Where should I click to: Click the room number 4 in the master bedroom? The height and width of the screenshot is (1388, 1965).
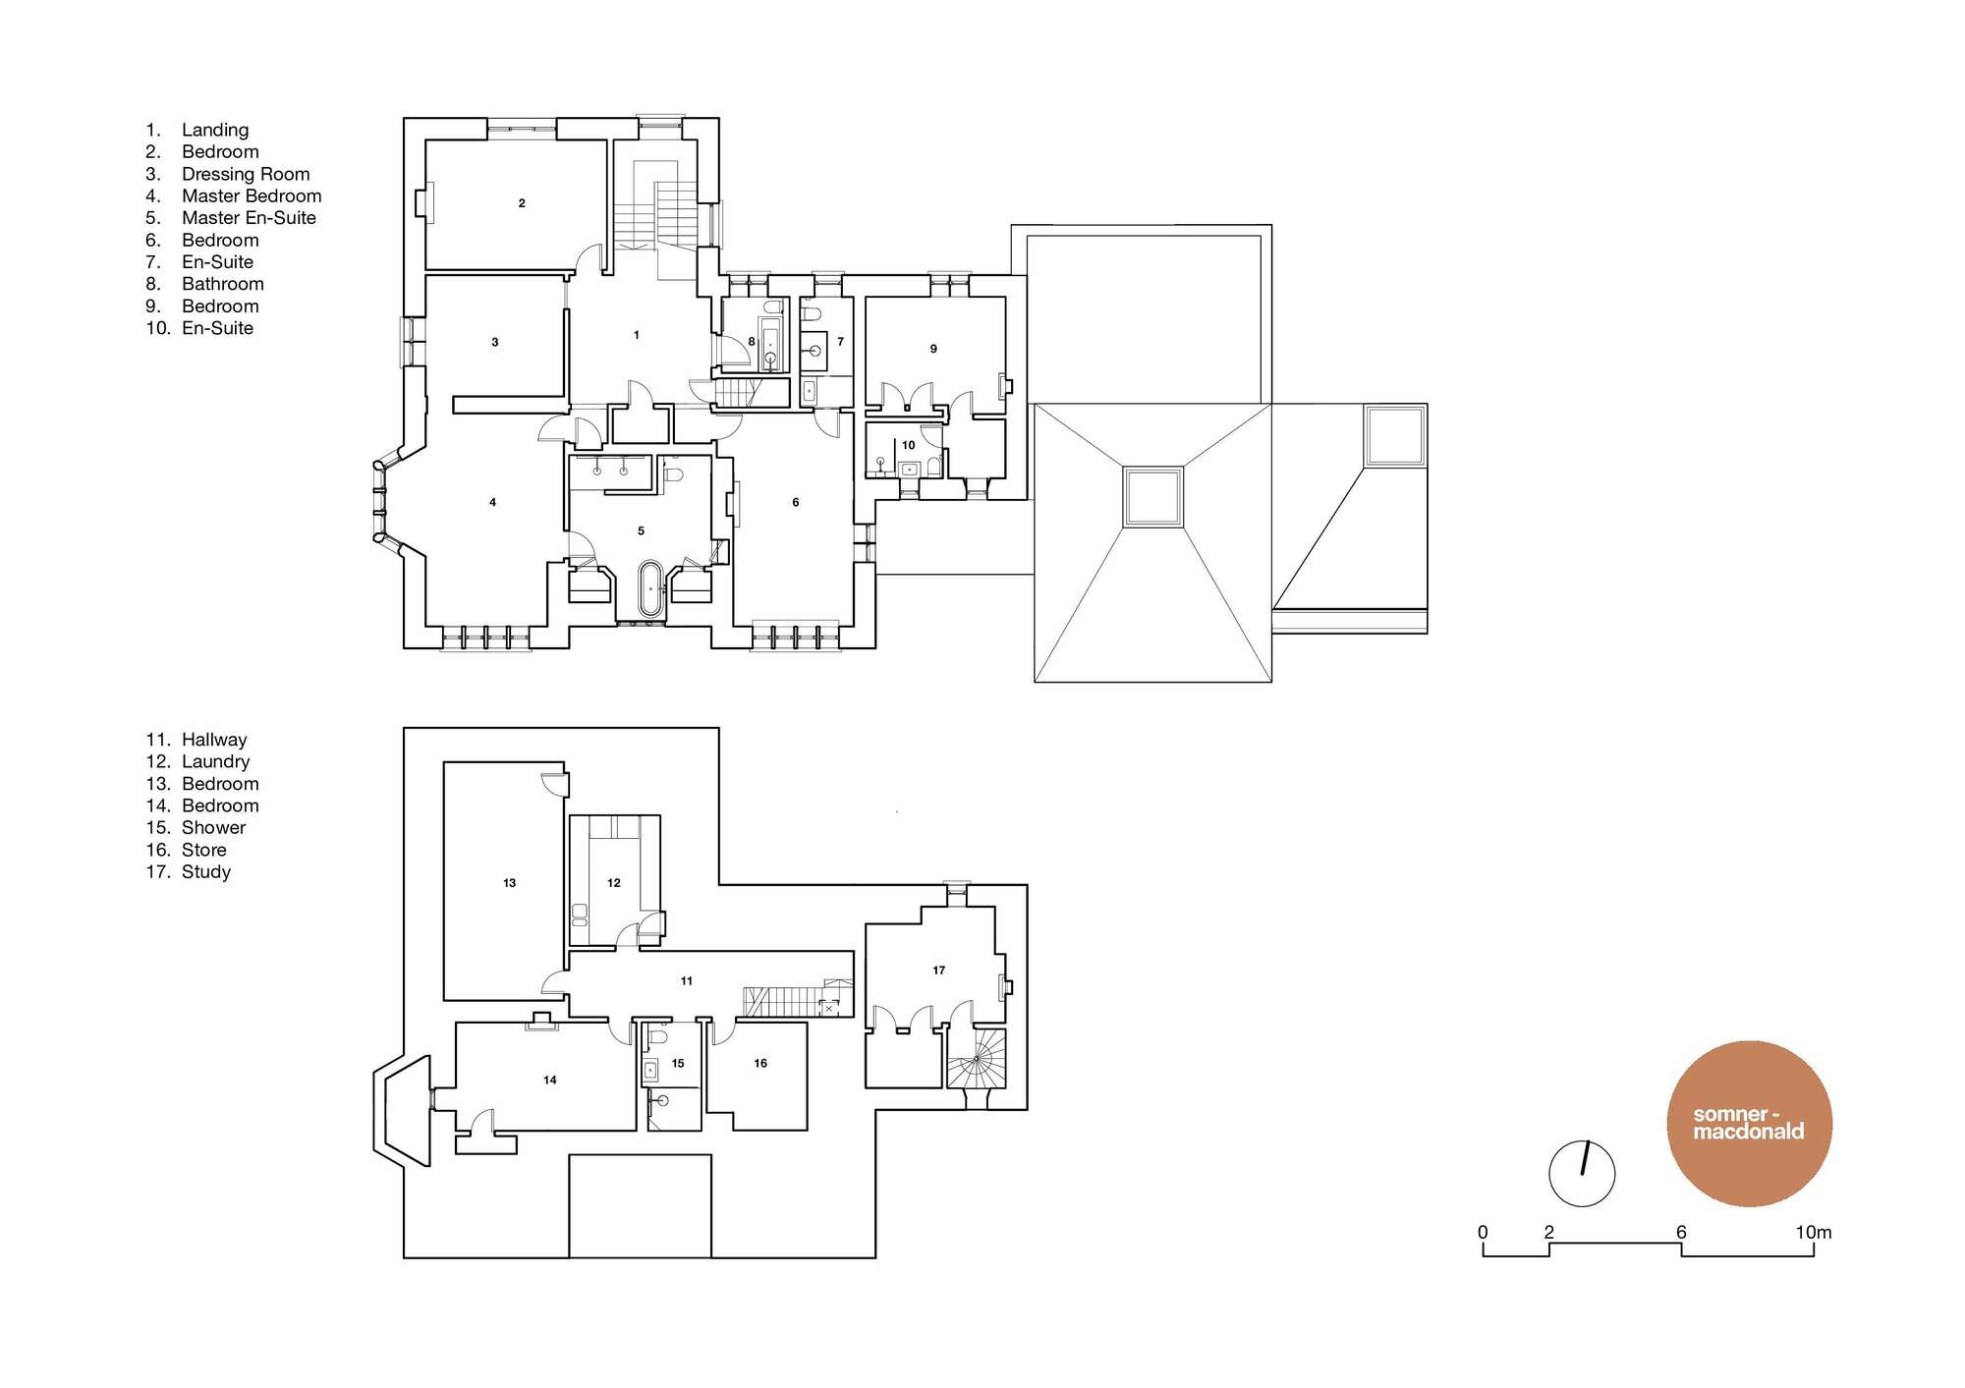[493, 502]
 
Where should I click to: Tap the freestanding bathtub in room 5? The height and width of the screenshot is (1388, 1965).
[650, 588]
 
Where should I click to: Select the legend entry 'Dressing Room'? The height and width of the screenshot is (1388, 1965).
[246, 174]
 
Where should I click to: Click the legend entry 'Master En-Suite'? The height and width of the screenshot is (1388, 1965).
[249, 218]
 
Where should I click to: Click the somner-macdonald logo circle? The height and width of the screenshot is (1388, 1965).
[1750, 1124]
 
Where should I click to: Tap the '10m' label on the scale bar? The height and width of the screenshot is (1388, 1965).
[1814, 1232]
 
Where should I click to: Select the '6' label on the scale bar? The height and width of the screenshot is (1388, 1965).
[1681, 1232]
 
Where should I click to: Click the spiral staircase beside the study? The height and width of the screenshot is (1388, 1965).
[977, 1058]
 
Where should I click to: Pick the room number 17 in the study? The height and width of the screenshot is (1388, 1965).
[939, 971]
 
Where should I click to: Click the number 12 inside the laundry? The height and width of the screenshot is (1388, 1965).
[614, 883]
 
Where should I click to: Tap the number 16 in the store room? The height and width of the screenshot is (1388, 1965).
[760, 1063]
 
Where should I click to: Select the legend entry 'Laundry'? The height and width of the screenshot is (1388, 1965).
[215, 761]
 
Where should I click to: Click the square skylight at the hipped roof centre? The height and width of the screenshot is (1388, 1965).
[1153, 497]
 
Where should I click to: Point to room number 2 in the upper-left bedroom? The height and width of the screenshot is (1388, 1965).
[522, 203]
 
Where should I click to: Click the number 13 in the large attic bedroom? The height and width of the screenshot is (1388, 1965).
[509, 883]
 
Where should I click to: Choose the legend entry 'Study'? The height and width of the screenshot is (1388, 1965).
[206, 872]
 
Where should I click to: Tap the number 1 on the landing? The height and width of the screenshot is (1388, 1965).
[637, 335]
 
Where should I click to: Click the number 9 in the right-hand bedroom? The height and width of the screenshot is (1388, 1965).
[933, 349]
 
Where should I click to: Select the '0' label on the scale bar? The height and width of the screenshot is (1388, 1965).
[1483, 1232]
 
